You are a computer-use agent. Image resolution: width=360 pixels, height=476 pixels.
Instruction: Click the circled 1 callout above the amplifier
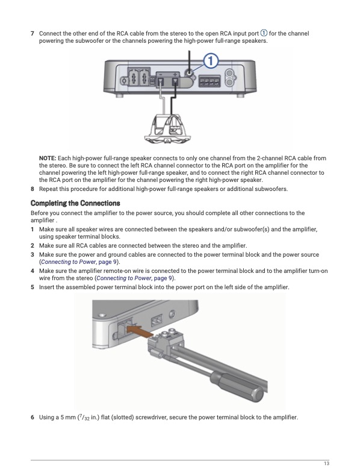[x=211, y=61]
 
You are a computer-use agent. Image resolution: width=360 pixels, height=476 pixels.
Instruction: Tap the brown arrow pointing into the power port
[x=140, y=331]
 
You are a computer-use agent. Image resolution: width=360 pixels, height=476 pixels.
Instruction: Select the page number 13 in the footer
[x=326, y=463]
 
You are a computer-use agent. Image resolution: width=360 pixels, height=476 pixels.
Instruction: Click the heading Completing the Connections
[x=75, y=203]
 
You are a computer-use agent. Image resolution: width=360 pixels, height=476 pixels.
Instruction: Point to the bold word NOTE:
[x=48, y=158]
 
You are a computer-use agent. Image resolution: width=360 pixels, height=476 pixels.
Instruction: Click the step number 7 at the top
[x=32, y=33]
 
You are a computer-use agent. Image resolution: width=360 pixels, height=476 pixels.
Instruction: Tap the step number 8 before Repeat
[x=32, y=189]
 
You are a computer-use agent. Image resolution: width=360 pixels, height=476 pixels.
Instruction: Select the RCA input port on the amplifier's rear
[x=189, y=73]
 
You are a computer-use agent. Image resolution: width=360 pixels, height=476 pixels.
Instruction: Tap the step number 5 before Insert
[x=32, y=287]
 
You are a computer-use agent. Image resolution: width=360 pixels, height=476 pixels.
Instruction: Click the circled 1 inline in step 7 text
[x=264, y=33]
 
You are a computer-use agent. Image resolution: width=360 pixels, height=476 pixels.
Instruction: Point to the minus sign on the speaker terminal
[x=161, y=74]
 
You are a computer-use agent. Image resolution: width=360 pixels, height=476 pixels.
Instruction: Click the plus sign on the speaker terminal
[x=175, y=74]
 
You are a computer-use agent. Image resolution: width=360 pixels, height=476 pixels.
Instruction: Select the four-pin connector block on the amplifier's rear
[x=209, y=81]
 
